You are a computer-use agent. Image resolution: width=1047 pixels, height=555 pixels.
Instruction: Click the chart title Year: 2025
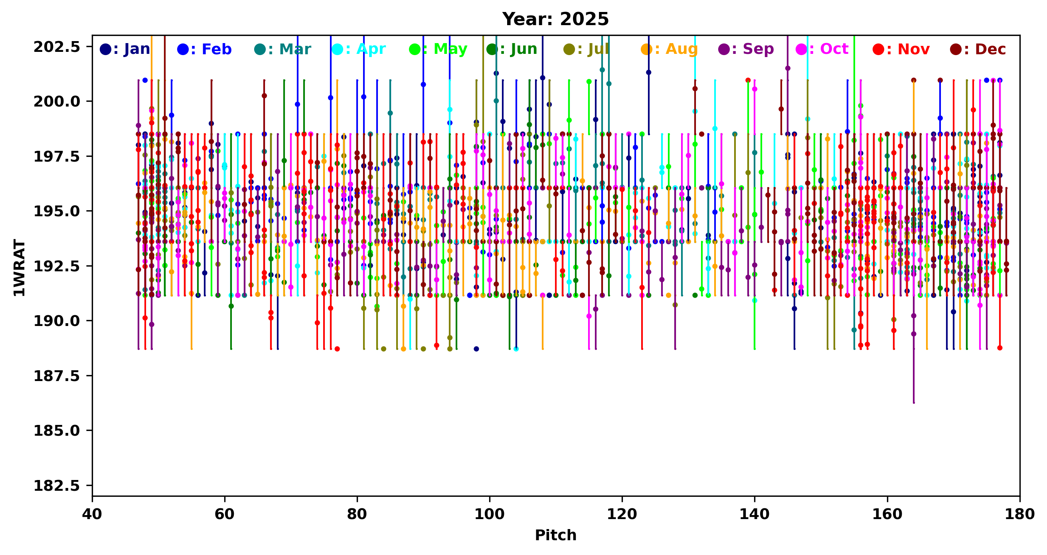(555, 19)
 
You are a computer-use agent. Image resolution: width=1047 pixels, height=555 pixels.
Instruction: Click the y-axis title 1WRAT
(19, 268)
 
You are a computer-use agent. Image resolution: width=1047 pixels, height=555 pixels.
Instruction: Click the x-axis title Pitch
(555, 535)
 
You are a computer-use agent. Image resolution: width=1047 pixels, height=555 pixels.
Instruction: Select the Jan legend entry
(125, 49)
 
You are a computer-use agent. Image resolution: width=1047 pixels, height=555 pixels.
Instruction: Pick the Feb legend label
(205, 49)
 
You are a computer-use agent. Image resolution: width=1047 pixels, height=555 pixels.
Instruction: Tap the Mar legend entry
(283, 49)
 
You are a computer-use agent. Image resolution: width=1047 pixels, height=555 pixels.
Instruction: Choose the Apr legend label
(359, 49)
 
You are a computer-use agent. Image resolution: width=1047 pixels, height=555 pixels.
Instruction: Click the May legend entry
(439, 49)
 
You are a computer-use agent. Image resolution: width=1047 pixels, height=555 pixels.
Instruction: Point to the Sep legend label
(747, 49)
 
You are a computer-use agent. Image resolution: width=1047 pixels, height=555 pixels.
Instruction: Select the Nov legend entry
(901, 49)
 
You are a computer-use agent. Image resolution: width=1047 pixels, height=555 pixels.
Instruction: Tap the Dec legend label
(978, 49)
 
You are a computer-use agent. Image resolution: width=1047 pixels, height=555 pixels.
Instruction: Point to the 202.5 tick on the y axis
(57, 47)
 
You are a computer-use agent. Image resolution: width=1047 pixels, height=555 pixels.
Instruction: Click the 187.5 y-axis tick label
(57, 376)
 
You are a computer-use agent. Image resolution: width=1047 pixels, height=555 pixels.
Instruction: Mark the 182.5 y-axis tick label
(57, 486)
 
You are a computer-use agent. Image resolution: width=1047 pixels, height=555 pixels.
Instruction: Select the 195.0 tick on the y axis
(57, 211)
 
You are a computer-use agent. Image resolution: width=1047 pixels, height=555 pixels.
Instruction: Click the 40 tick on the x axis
(92, 514)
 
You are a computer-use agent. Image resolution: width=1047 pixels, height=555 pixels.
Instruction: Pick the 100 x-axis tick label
(489, 514)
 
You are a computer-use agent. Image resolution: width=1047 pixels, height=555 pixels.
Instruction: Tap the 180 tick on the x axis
(1019, 514)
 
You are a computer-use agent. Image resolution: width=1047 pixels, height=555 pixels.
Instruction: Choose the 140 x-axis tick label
(755, 514)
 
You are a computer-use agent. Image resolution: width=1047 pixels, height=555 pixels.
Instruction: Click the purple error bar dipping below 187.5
(914, 382)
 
